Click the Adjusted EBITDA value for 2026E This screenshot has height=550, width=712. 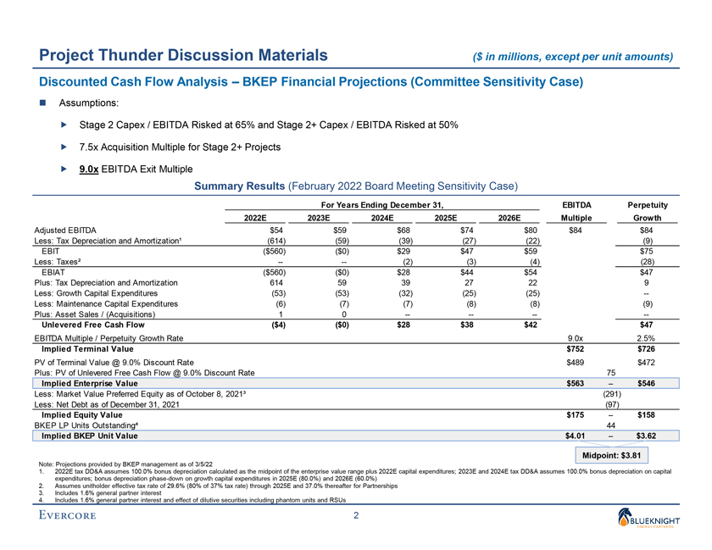pos(530,230)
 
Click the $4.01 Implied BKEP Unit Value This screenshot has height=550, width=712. pos(577,436)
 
